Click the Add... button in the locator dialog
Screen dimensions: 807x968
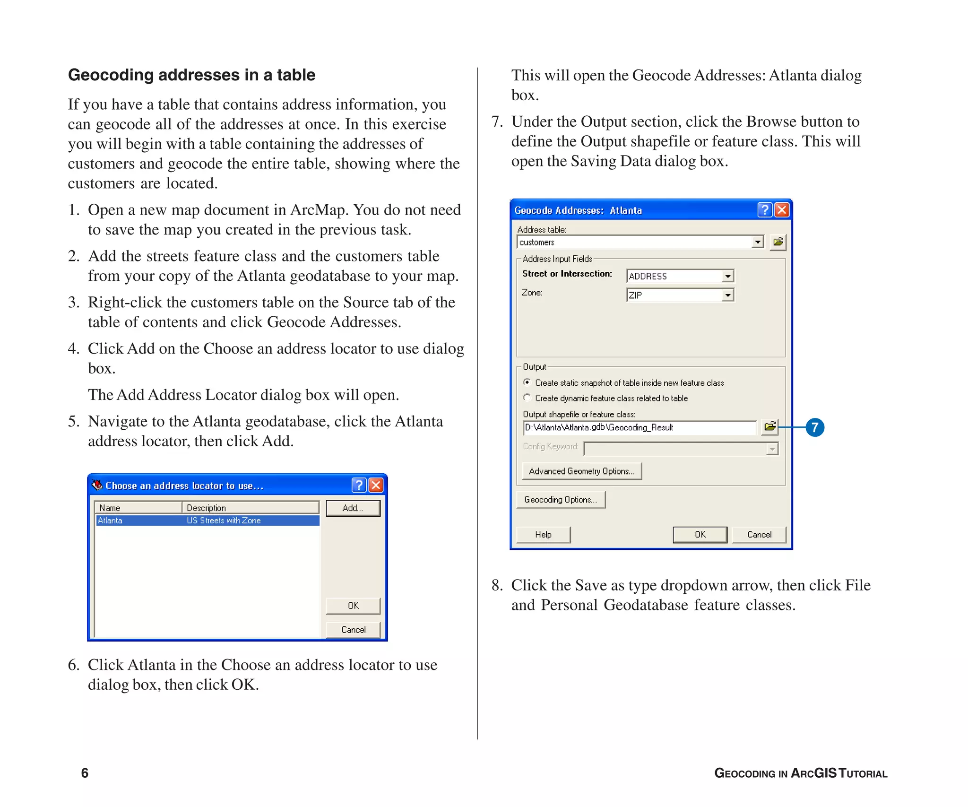[x=353, y=508]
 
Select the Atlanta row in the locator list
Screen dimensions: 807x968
[x=207, y=521]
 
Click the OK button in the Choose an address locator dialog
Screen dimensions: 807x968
[x=353, y=606]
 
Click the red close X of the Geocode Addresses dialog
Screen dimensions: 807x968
[x=782, y=210]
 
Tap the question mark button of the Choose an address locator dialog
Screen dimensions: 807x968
[x=359, y=485]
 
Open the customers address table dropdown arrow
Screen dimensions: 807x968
[x=758, y=242]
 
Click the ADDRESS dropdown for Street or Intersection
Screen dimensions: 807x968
[x=680, y=276]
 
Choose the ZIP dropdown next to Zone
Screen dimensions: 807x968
[x=680, y=295]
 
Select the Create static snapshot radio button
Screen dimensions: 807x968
[x=527, y=382]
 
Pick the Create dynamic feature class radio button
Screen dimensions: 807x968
[x=527, y=398]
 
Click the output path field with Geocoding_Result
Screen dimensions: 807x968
[x=639, y=428]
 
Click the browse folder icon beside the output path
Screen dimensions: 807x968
[x=770, y=427]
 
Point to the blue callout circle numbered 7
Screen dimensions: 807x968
[x=815, y=427]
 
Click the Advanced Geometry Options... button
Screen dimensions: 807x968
[x=581, y=471]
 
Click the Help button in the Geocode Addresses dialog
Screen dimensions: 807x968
[x=543, y=535]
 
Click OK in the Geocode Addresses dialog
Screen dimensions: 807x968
[x=700, y=535]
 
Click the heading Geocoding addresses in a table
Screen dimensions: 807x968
[x=191, y=75]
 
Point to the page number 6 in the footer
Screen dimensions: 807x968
[x=85, y=773]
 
